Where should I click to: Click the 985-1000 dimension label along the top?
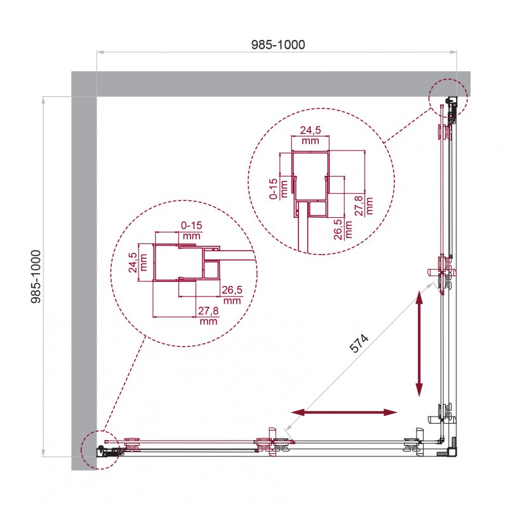coord(277,44)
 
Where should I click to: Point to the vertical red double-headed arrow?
coord(419,343)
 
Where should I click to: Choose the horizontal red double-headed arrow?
coord(345,413)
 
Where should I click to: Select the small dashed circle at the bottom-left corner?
coord(100,450)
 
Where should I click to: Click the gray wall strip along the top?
coord(267,84)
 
